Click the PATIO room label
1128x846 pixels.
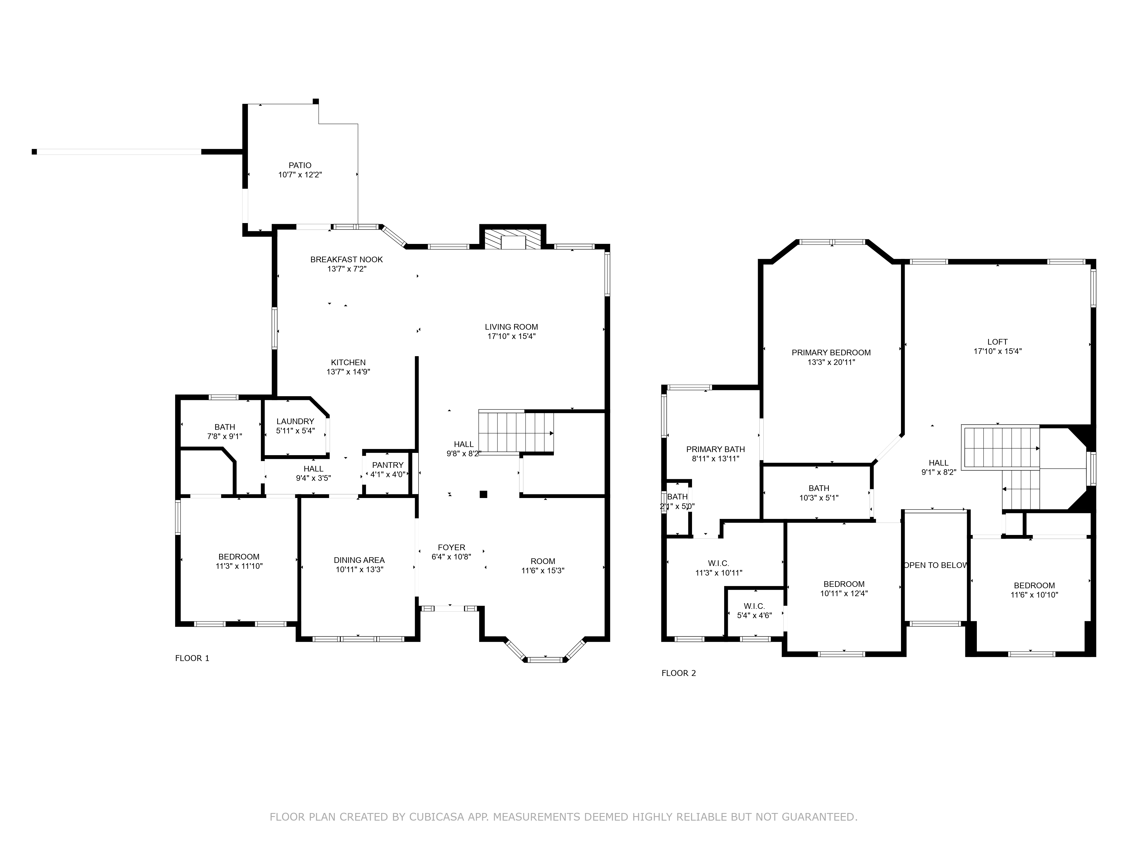click(x=300, y=165)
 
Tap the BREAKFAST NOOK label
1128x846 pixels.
click(x=347, y=259)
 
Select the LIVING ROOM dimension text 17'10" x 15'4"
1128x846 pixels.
click(x=512, y=336)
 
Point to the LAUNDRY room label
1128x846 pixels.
click(x=295, y=421)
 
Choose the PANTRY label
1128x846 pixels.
click(x=387, y=465)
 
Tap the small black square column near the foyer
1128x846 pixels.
click(x=483, y=494)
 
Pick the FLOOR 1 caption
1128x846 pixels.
click(x=192, y=658)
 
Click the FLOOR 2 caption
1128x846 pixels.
click(x=679, y=673)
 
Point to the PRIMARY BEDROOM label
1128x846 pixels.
click(x=831, y=353)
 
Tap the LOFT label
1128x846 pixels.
click(x=997, y=342)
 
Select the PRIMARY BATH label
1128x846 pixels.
click(x=715, y=449)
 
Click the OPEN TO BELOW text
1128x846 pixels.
click(x=936, y=565)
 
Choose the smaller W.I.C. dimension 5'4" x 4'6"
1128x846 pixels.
click(x=754, y=616)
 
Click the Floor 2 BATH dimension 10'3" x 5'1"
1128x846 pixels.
click(x=819, y=498)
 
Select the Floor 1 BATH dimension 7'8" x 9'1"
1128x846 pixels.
click(x=224, y=437)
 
